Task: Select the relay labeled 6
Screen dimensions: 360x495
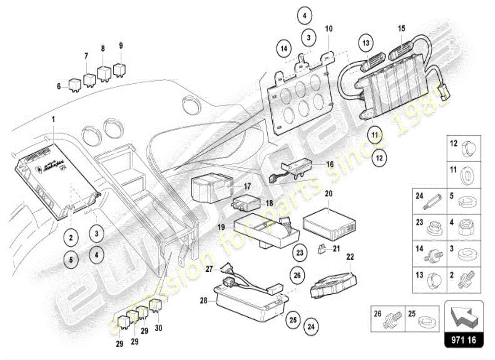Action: pyautogui.click(x=74, y=85)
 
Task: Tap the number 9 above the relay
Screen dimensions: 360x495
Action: pyautogui.click(x=121, y=45)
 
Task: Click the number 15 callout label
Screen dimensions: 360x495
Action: pyautogui.click(x=401, y=28)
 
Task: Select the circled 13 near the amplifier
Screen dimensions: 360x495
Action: pyautogui.click(x=366, y=43)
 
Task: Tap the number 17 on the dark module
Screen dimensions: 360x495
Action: pyautogui.click(x=247, y=186)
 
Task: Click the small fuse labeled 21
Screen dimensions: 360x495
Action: pyautogui.click(x=321, y=248)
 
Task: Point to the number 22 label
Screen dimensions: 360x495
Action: pyautogui.click(x=350, y=257)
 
